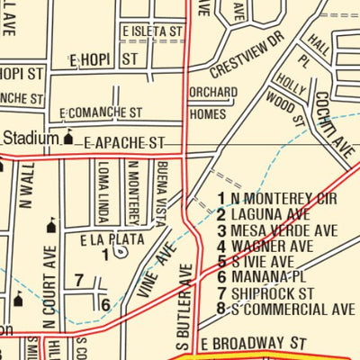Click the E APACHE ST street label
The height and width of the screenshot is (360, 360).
pyautogui.click(x=125, y=142)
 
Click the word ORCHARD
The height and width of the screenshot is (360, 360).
pyautogui.click(x=213, y=93)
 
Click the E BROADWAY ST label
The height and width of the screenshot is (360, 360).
pyautogui.click(x=254, y=345)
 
